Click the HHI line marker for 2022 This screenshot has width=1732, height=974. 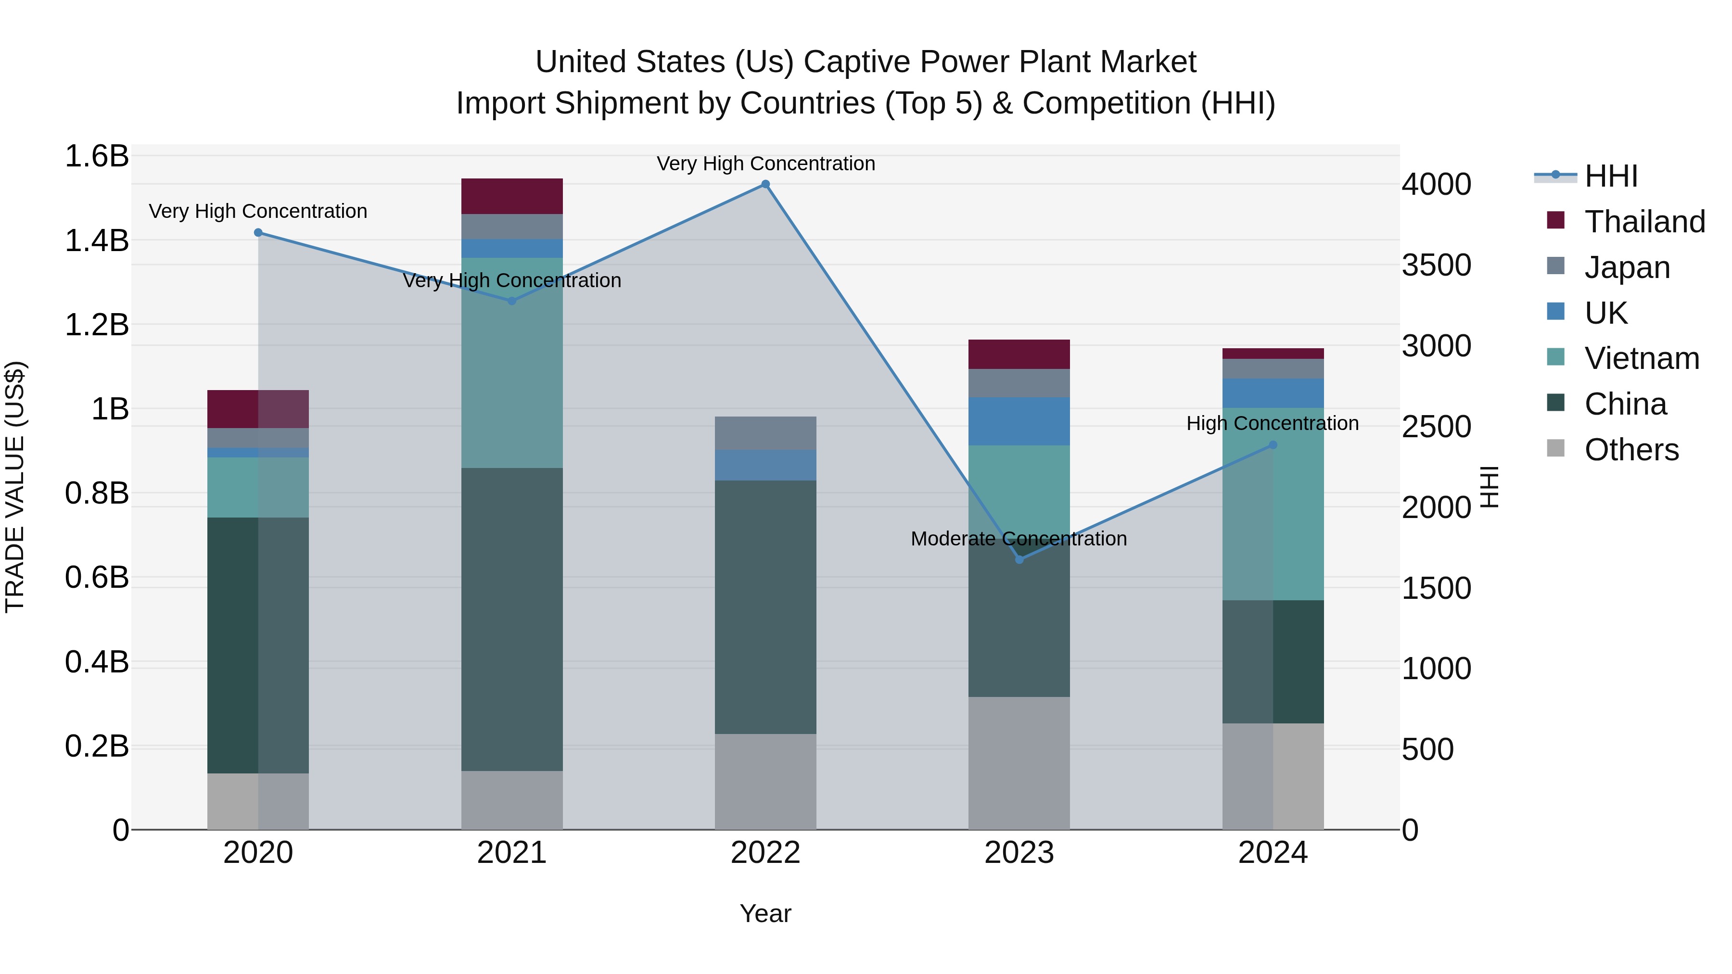765,184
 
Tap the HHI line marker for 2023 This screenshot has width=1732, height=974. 1019,559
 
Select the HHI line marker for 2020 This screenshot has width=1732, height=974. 258,233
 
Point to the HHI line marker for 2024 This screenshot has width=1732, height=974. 1273,445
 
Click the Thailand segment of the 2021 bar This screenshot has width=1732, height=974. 512,196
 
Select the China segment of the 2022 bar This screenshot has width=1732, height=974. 765,607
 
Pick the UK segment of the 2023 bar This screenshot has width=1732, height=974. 1019,421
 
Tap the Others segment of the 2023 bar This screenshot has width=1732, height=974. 1019,763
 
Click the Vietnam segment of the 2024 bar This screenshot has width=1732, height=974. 1273,504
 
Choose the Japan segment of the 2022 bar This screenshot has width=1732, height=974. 765,433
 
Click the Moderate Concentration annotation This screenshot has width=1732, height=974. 1019,538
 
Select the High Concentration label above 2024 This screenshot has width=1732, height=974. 1272,423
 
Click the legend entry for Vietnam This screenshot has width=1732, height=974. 1641,358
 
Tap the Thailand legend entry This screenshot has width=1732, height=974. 1644,222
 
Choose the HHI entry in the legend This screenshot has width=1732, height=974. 1610,176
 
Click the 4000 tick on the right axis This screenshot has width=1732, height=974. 1436,184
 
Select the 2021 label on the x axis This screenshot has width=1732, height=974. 512,853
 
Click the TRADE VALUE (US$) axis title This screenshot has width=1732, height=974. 15,487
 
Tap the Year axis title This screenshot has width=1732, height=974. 765,913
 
